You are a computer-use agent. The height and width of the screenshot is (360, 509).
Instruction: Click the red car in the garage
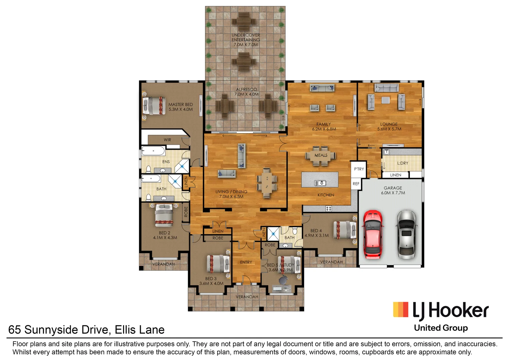[x=373, y=234]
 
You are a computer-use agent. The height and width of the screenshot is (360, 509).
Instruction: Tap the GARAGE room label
[x=393, y=188]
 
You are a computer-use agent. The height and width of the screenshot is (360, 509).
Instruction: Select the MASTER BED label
[x=180, y=105]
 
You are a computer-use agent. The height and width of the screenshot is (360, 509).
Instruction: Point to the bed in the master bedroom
[x=154, y=106]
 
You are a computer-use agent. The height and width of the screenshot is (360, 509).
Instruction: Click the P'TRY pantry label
[x=359, y=169]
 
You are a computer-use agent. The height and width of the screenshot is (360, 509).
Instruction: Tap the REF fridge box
[x=356, y=184]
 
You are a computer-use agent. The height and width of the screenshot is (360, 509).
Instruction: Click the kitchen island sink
[x=320, y=183]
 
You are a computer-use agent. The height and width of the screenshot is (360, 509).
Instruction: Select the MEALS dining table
[x=321, y=156]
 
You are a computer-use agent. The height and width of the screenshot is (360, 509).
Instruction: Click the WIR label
[x=167, y=140]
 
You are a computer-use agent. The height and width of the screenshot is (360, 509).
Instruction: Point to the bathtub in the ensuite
[x=153, y=151]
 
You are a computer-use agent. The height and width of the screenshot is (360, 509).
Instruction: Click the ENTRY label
[x=246, y=262]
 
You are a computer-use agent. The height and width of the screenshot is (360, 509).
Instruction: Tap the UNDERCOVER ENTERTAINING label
[x=246, y=37]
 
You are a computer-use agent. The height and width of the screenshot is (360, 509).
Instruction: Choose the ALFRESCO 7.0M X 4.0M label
[x=246, y=92]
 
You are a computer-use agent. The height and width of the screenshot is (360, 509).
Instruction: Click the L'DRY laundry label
[x=403, y=163]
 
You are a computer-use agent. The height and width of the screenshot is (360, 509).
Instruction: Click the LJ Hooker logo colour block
[x=401, y=309]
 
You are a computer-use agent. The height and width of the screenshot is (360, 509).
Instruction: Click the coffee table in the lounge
[x=386, y=100]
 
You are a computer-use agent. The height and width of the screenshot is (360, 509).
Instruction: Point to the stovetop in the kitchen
[x=329, y=209]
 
